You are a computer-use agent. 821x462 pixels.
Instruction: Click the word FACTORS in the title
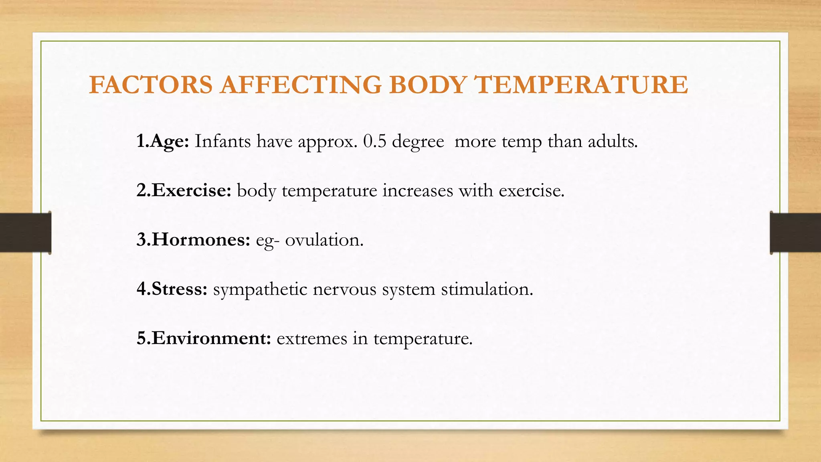click(151, 85)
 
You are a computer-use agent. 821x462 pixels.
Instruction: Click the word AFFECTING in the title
click(301, 85)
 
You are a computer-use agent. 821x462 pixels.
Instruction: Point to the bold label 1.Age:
click(162, 142)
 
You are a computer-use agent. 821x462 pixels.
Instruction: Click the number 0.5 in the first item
click(374, 142)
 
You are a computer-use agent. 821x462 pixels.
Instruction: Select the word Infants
click(222, 142)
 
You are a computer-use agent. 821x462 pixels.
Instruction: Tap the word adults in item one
click(612, 142)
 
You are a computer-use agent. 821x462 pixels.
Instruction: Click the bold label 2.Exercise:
click(184, 190)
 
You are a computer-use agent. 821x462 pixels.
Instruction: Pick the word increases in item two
click(418, 190)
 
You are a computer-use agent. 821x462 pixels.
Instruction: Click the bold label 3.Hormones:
click(193, 240)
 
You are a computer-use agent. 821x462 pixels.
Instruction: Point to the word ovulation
click(324, 240)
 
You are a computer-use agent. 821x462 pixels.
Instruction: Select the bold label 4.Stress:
click(172, 289)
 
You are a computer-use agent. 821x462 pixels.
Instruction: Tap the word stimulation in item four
click(487, 289)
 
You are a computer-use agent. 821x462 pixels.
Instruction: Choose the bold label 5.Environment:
click(204, 338)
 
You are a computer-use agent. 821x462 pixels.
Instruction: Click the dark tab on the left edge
click(25, 233)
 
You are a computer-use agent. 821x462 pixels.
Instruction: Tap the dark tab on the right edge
click(795, 233)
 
